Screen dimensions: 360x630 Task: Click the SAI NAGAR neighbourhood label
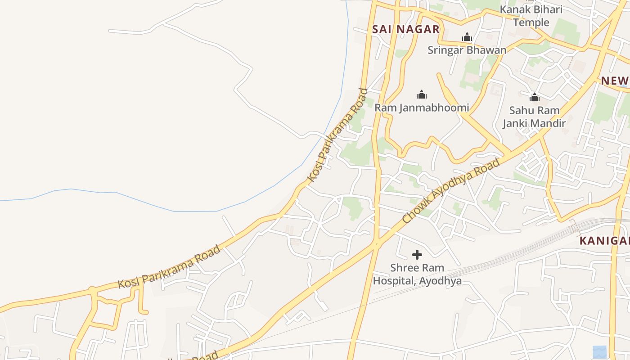pos(405,29)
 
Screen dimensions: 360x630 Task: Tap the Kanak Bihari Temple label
pos(531,16)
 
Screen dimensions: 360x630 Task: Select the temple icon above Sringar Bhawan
pos(467,37)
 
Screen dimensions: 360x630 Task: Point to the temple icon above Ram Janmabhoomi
pos(422,94)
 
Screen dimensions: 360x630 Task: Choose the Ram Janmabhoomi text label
pos(422,108)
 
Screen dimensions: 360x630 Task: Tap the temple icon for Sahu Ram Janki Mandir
pos(535,97)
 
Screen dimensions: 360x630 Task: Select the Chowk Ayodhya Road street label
pos(451,191)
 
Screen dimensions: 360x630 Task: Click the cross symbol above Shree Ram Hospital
pos(417,255)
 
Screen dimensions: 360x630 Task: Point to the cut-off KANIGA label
pos(604,241)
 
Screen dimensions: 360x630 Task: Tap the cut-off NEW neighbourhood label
pos(615,81)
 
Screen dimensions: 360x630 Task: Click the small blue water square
pos(599,352)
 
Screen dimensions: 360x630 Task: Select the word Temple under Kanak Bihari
pos(531,22)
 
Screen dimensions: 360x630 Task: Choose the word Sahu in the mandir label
pos(519,110)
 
